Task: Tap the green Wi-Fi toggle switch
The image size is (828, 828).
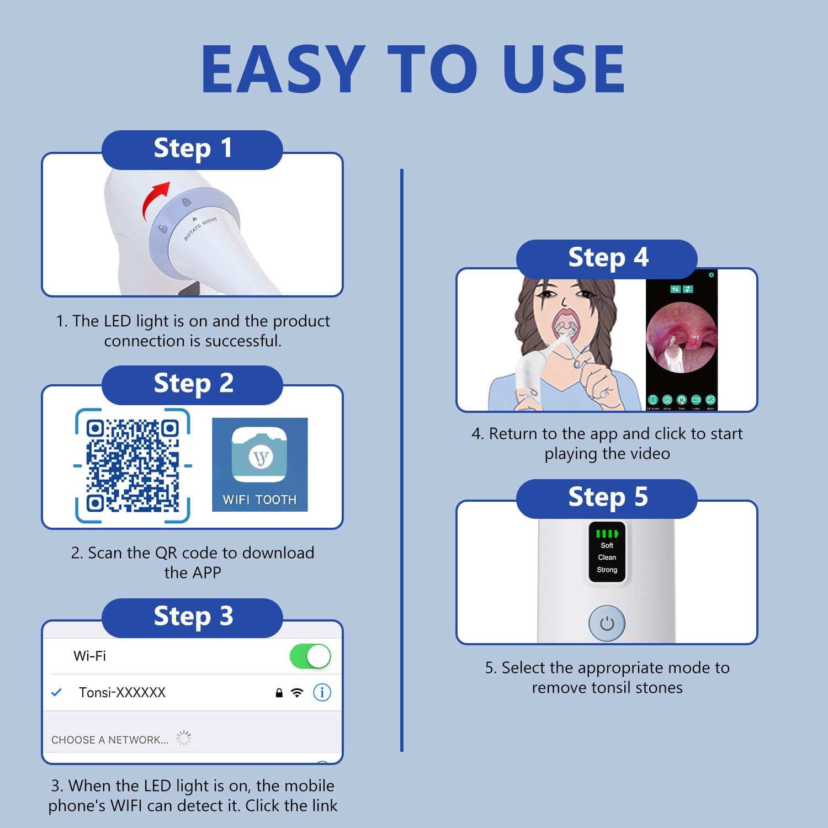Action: (x=310, y=656)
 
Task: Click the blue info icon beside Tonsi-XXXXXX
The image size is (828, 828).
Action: (x=322, y=692)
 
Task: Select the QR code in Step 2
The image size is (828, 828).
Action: (x=132, y=466)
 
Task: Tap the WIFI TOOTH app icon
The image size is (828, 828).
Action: (x=259, y=464)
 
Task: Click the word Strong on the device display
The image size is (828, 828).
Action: (x=607, y=570)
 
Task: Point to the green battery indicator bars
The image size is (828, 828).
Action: (x=607, y=533)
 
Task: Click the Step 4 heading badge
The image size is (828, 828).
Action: (x=607, y=258)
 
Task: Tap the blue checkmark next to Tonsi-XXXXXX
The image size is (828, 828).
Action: (x=56, y=692)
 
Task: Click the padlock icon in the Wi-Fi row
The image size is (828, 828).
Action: (x=279, y=693)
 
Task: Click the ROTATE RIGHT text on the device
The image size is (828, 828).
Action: (x=200, y=229)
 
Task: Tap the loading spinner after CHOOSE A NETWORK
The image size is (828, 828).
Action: (x=183, y=738)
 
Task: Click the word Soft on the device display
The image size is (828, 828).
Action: (x=607, y=545)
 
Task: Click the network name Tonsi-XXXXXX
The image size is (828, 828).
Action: (x=122, y=693)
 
